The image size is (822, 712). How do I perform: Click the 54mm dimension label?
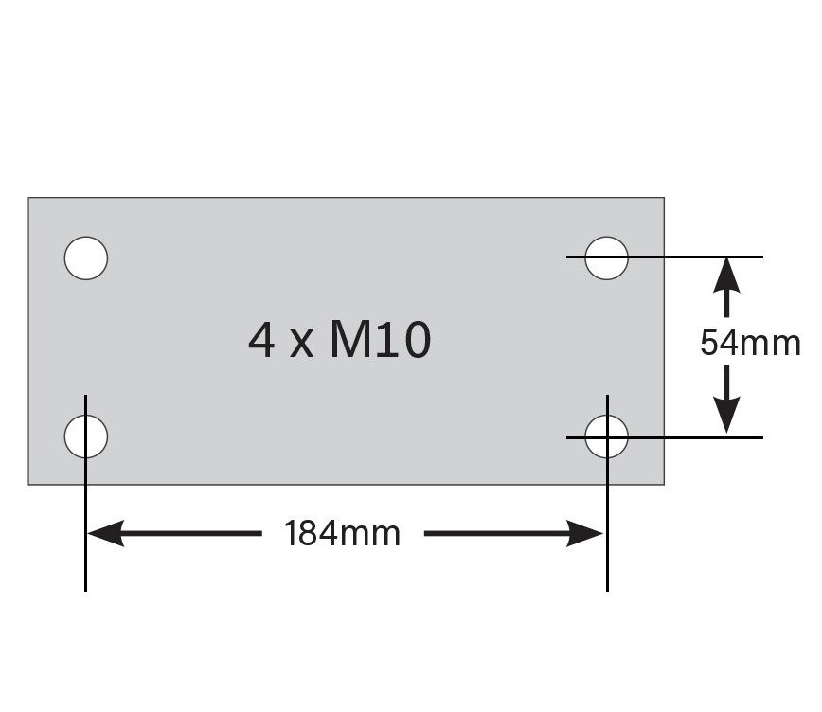pos(750,344)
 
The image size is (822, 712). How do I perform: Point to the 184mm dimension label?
pos(342,534)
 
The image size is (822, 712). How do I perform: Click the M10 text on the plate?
pos(381,341)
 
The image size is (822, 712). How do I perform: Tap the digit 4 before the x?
pos(261,341)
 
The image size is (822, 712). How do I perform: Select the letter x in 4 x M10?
pos(301,346)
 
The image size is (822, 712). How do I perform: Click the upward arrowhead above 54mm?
pos(726,276)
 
